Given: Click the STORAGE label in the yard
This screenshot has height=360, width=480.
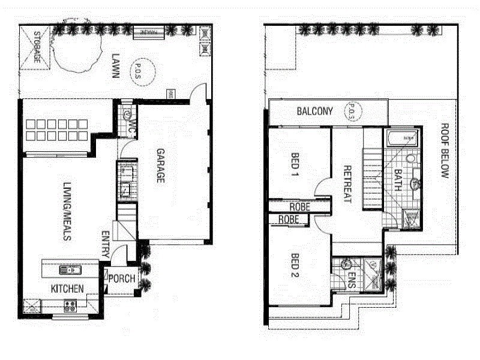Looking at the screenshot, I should [x=37, y=47].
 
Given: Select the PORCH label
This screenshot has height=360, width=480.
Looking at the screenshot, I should [x=122, y=278].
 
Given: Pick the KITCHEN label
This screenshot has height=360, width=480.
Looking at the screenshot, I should [x=67, y=289].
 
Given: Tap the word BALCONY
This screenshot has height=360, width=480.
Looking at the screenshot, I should [x=314, y=112].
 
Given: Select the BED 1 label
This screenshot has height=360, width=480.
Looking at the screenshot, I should [x=295, y=165].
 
